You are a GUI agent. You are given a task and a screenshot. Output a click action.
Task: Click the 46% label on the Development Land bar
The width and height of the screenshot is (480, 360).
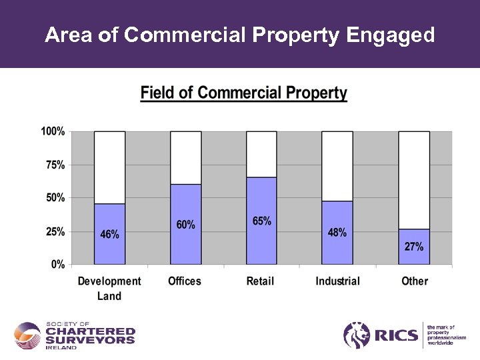pos(110,234)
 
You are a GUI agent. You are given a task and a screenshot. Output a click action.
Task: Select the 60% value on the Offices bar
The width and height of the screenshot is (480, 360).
pos(186,225)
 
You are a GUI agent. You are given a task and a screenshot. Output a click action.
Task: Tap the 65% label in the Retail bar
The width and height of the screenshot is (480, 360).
pos(262,221)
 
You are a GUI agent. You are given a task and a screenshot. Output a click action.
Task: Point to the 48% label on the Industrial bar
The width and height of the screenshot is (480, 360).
pos(337,232)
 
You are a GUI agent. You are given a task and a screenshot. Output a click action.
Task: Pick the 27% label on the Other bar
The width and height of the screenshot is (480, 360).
pos(414,246)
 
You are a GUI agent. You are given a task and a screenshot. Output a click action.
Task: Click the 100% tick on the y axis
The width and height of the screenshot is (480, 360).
pos(53,131)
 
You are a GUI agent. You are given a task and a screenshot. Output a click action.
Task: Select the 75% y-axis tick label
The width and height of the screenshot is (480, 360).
pos(55,165)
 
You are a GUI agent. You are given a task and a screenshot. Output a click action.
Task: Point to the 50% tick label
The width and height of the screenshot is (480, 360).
pos(55,198)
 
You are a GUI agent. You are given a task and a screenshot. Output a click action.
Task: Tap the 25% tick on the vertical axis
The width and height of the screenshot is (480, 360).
pos(55,231)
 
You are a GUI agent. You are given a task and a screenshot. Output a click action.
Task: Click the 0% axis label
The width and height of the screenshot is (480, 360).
pos(58,264)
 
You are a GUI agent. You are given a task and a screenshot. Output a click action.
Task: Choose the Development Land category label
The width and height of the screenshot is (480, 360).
pos(109,288)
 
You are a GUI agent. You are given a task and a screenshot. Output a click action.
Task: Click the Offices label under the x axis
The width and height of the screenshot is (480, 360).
pos(185,281)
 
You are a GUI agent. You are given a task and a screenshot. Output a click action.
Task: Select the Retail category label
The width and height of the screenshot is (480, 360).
pos(260,281)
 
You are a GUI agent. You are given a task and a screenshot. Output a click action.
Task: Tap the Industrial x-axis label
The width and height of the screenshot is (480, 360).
pos(337,281)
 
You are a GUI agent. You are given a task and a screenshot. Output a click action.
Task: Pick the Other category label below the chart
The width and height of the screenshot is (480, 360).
pos(415,281)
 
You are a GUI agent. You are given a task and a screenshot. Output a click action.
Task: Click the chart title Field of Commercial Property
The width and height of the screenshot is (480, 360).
pos(244,93)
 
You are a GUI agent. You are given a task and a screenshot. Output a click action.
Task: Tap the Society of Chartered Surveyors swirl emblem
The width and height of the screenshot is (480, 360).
pos(28,335)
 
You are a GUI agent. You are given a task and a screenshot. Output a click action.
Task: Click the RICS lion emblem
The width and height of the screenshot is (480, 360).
pos(357,335)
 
